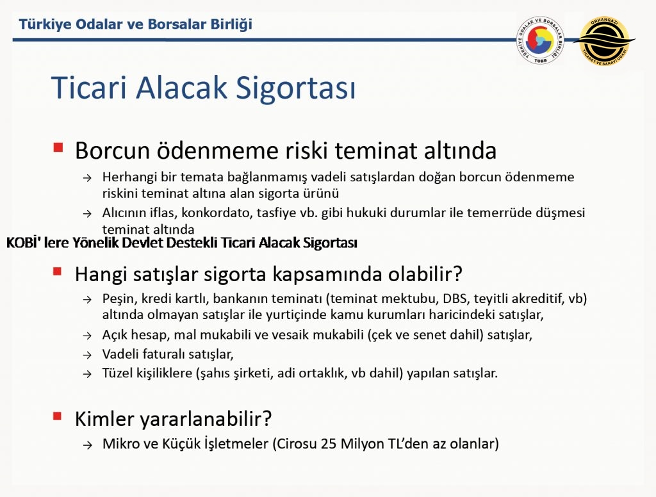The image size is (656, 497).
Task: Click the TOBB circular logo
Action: [x=540, y=40]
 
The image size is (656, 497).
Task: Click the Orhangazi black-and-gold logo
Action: [x=604, y=41]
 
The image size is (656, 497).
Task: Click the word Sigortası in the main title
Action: [x=295, y=88]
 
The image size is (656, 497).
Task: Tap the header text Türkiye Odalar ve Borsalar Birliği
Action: [x=136, y=24]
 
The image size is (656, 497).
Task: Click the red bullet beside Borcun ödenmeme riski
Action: [x=58, y=147]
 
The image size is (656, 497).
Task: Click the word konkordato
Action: [x=215, y=213]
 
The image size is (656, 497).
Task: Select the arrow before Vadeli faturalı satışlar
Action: [x=87, y=355]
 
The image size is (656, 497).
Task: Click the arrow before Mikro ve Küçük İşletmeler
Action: [x=87, y=445]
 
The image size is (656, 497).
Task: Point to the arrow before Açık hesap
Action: [x=87, y=336]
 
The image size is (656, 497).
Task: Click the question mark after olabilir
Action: [x=457, y=274]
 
